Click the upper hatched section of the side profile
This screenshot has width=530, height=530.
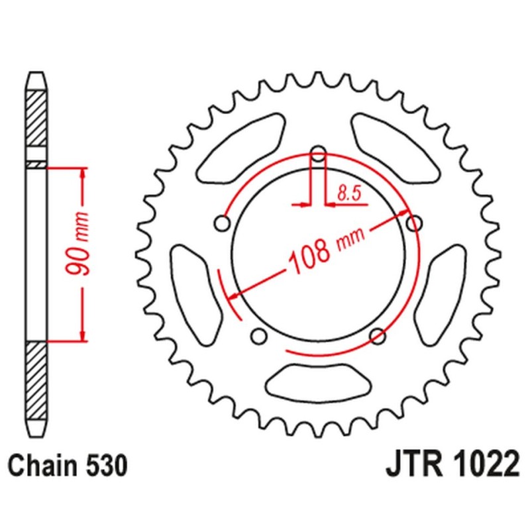pyautogui.click(x=37, y=119)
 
